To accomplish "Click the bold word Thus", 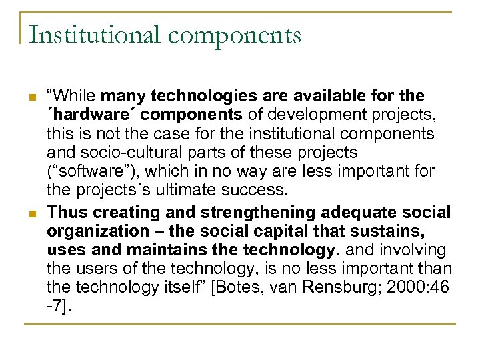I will click(68, 213).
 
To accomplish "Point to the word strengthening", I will click(244, 213).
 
